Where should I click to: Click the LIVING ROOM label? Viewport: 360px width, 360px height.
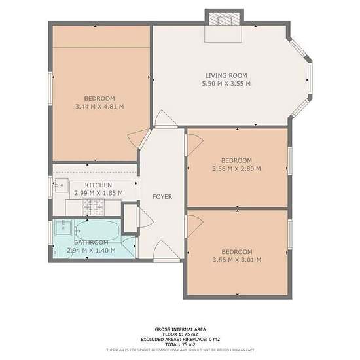[x=226, y=75]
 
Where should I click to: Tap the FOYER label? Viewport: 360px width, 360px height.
[x=162, y=197]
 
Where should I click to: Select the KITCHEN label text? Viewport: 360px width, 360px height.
[x=98, y=185]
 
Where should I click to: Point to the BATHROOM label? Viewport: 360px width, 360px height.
[x=91, y=242]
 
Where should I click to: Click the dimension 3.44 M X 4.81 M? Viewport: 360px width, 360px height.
[x=99, y=107]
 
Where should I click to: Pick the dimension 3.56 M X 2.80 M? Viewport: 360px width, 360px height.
[x=236, y=169]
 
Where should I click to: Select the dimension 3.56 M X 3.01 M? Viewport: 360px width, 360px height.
[x=237, y=260]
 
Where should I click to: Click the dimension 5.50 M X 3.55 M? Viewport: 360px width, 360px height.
[x=226, y=84]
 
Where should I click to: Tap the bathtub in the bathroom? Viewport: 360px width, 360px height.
[x=98, y=230]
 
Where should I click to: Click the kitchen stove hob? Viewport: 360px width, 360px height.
[x=94, y=207]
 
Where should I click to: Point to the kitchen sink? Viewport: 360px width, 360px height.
[x=62, y=185]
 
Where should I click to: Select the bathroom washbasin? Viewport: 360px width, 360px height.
[x=63, y=227]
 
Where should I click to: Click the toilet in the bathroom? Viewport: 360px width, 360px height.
[x=62, y=252]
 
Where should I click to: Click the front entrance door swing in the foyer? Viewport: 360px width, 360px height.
[x=167, y=249]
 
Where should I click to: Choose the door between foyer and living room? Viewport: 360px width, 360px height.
[x=166, y=118]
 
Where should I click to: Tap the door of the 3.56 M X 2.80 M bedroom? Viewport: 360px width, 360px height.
[x=194, y=145]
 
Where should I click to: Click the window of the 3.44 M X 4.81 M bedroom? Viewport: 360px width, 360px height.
[x=50, y=89]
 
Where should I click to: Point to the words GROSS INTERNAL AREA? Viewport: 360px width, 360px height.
[x=180, y=329]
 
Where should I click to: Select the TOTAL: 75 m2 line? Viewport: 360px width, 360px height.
[x=180, y=344]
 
